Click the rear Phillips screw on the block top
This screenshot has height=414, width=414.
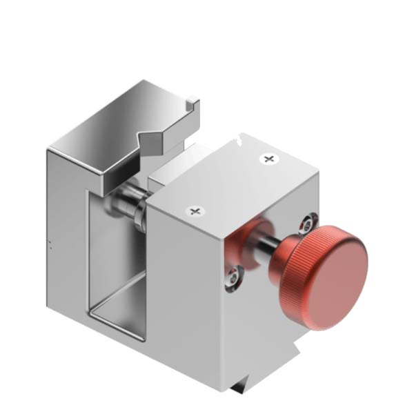pyautogui.click(x=267, y=159)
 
